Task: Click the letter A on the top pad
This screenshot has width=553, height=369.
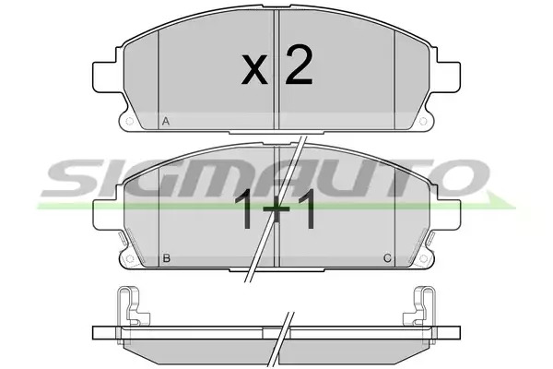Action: pyautogui.click(x=166, y=122)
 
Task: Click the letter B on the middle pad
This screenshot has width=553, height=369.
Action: pyautogui.click(x=167, y=258)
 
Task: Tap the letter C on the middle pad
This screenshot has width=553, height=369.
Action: pyautogui.click(x=387, y=258)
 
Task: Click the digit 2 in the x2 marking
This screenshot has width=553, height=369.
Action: pyautogui.click(x=299, y=65)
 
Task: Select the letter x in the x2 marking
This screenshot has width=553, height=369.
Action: pyautogui.click(x=254, y=69)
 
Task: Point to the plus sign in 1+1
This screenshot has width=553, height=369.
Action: pyautogui.click(x=276, y=208)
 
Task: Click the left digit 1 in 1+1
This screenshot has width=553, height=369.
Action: pyautogui.click(x=244, y=209)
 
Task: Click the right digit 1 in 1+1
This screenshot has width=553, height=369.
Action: pyautogui.click(x=305, y=209)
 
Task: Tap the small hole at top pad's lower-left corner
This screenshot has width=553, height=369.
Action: pyautogui.click(x=129, y=122)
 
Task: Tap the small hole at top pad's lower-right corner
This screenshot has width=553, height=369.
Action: pyautogui.click(x=423, y=122)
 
